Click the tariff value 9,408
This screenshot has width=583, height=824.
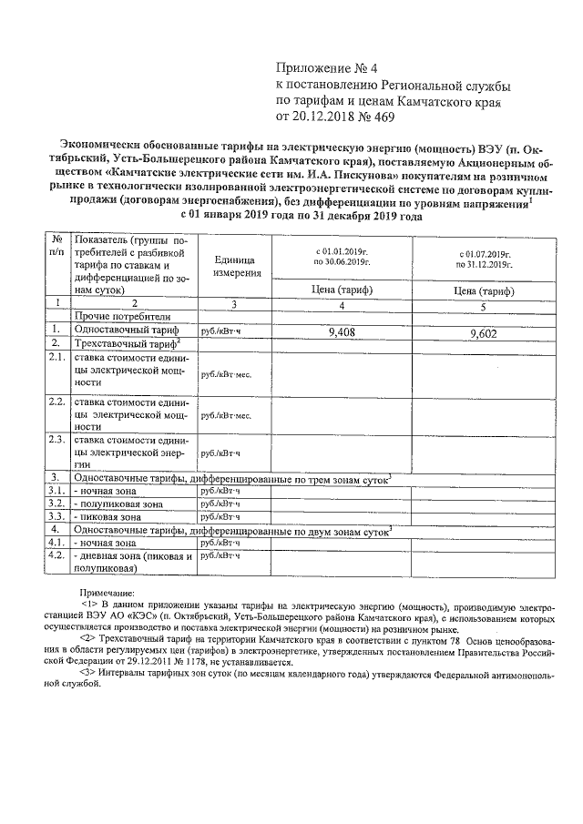coord(340,332)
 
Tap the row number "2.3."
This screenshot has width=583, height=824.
coord(56,439)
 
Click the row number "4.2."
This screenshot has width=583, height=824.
coord(56,554)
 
